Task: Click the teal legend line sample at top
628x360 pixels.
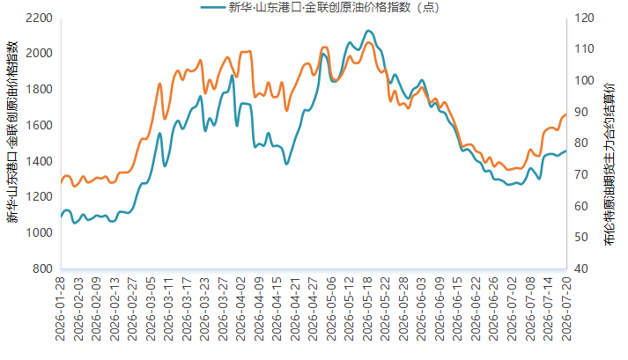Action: (212, 7)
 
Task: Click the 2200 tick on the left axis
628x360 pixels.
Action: (39, 18)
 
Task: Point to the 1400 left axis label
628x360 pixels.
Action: (39, 161)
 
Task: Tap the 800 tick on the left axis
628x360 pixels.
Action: (42, 268)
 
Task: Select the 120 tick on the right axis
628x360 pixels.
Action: (584, 18)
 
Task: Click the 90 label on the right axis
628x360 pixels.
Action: (581, 112)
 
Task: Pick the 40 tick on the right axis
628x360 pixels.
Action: (581, 268)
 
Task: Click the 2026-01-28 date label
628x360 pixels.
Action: (60, 309)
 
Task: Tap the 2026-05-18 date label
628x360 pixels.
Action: (367, 309)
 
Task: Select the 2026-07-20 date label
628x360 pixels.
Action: (566, 309)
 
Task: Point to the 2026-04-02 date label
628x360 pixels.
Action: (240, 309)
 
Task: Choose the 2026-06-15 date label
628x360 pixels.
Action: (458, 309)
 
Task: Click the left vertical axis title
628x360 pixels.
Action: (12, 132)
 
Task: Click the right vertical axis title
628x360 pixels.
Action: (610, 165)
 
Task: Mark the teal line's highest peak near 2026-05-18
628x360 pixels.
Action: (368, 31)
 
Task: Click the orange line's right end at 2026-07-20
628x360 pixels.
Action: (566, 114)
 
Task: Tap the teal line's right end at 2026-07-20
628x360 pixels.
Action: (566, 151)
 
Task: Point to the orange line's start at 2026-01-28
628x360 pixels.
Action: (62, 183)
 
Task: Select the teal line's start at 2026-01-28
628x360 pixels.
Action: (62, 217)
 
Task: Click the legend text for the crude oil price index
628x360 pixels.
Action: (334, 7)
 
